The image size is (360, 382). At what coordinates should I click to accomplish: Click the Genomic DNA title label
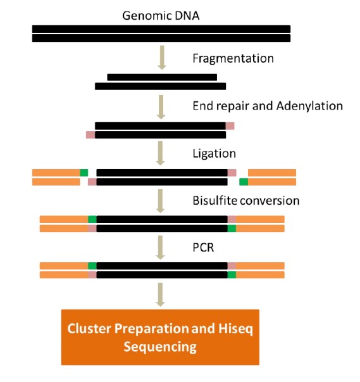point(161,16)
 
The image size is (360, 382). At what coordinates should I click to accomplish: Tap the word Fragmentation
point(233,59)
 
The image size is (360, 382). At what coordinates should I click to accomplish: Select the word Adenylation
point(309,106)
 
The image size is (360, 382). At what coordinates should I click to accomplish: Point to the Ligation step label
point(214,154)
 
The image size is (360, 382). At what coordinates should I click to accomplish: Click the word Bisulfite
point(214,201)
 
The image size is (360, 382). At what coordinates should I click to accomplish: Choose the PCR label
point(203,248)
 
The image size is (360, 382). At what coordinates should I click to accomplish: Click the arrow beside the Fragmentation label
point(162,58)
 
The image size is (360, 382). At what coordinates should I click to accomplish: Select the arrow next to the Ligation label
point(160,153)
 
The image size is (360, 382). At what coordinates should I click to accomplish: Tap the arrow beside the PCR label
point(160,248)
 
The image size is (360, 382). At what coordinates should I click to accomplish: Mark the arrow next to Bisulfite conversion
point(160,201)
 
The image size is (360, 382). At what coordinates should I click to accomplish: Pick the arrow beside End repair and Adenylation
point(161,107)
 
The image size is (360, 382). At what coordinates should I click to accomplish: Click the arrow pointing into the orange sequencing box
point(160,295)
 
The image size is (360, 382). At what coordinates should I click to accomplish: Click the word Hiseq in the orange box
point(235,329)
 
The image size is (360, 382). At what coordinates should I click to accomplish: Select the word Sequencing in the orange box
point(160,347)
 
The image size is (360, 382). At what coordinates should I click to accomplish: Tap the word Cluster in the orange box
point(89,328)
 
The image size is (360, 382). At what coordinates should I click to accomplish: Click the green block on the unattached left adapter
point(84,173)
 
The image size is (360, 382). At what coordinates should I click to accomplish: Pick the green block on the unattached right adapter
point(244,182)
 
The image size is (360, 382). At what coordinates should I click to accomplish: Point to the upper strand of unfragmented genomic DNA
point(161,29)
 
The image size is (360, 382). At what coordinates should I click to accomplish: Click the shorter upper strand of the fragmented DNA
point(162,77)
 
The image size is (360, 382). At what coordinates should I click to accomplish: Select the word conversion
point(270,201)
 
